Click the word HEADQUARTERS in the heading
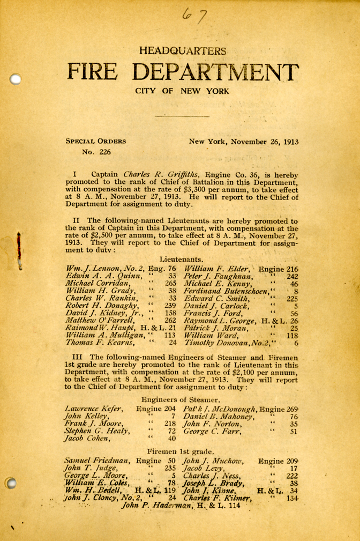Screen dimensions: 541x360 [x=182, y=51]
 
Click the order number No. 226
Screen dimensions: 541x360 [x=95, y=152]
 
